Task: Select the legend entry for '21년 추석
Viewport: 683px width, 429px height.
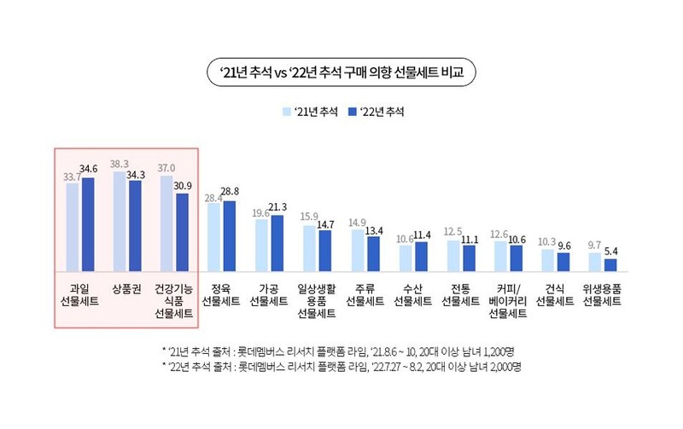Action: (309, 112)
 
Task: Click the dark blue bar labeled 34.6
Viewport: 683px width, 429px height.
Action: (88, 223)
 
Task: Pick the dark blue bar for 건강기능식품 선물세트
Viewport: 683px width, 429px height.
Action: (183, 231)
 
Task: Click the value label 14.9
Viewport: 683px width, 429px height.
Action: (357, 223)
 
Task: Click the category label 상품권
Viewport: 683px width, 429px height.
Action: (126, 290)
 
